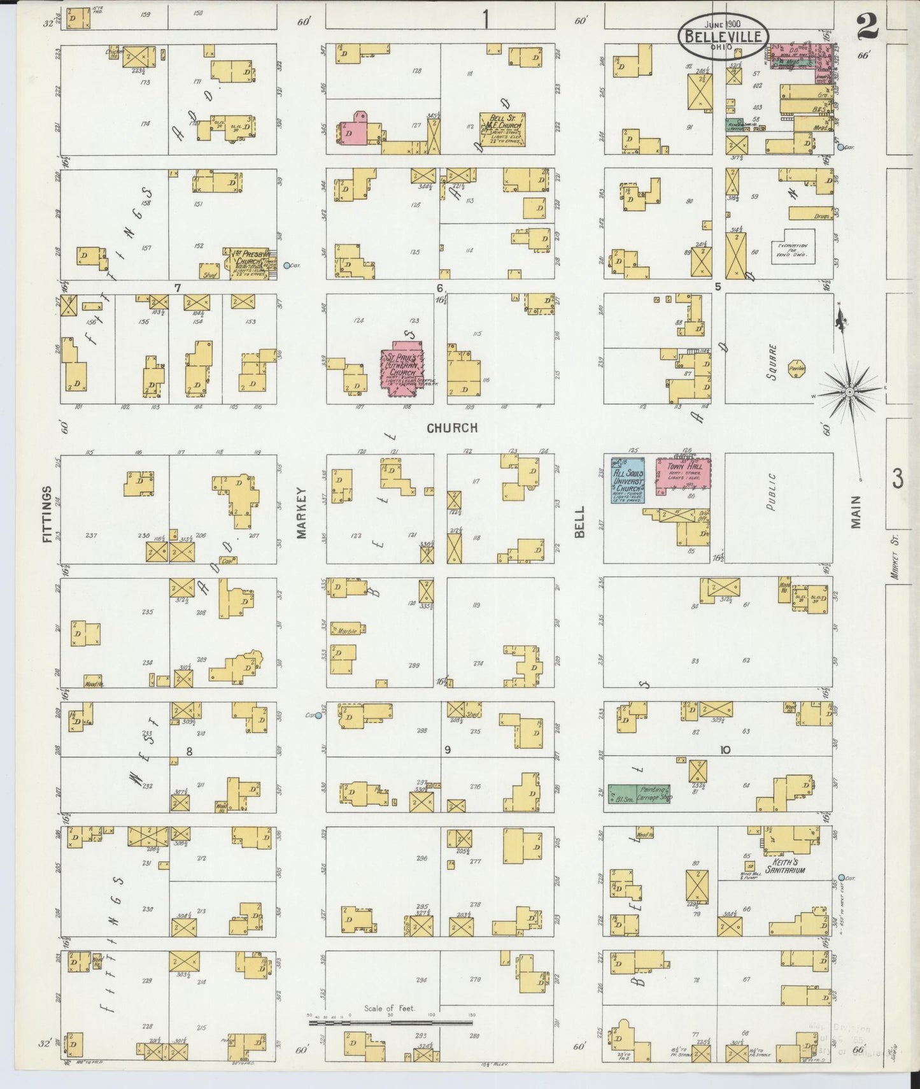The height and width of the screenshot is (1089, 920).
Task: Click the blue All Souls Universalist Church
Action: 628,480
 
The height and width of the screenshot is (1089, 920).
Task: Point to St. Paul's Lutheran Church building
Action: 403,374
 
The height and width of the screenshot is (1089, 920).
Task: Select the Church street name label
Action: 452,428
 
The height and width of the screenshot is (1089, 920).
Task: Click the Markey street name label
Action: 302,513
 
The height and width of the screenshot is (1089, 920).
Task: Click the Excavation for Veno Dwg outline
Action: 793,247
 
